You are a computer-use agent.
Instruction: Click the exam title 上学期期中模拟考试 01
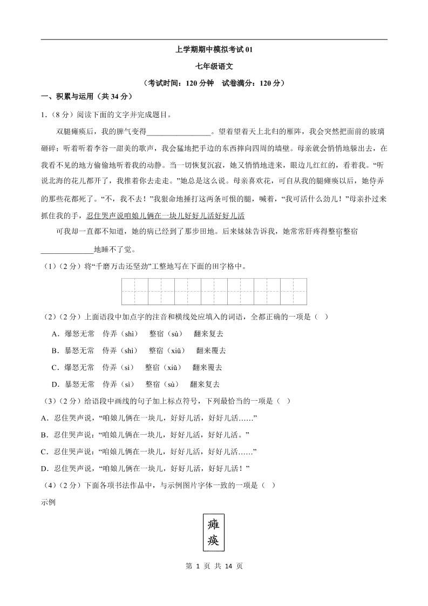click(214, 50)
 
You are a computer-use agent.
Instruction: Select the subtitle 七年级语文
click(214, 66)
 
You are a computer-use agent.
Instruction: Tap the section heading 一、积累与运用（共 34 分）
click(87, 97)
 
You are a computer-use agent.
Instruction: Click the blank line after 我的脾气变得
click(179, 132)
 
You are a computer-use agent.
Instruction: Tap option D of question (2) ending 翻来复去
click(135, 384)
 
